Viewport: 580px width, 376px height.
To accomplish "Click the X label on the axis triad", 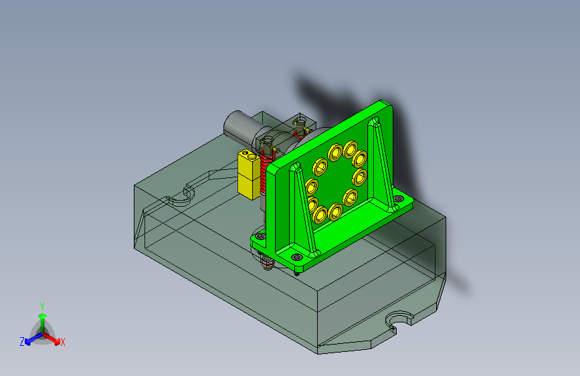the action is click(x=62, y=342).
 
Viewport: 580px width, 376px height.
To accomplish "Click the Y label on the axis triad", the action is click(x=42, y=306).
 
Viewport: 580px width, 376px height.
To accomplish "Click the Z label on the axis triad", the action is click(x=22, y=342).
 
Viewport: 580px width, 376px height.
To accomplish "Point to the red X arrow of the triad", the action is click(x=51, y=339).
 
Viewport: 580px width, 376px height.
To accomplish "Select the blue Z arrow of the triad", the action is click(x=34, y=339).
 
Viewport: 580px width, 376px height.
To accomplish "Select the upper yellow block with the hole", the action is click(x=248, y=163).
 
